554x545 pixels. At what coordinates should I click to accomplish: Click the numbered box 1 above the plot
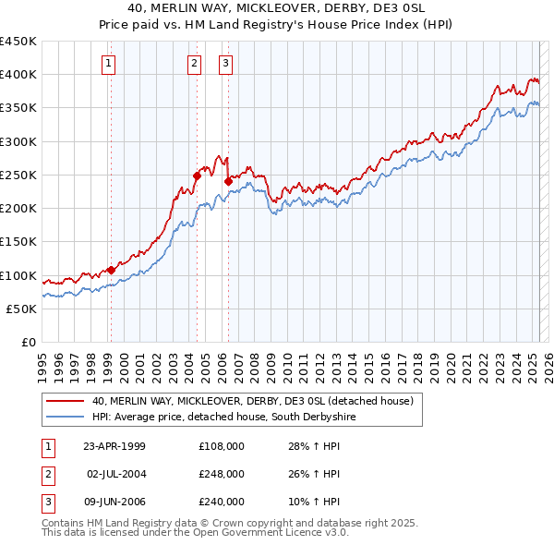pos(109,64)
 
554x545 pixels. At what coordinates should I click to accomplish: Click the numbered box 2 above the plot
pos(195,64)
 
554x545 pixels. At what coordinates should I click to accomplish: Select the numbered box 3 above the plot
pos(226,64)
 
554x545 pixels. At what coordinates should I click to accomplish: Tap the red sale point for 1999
pos(111,270)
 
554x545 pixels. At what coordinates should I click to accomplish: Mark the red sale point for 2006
pos(227,181)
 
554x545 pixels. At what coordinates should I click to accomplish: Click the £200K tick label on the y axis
pos(18,209)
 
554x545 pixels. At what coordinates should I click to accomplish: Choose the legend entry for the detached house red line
pos(258,401)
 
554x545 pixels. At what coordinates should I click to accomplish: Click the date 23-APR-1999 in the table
pos(114,447)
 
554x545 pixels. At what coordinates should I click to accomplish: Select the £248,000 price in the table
pos(222,474)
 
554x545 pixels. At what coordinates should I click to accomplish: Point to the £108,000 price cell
pos(222,447)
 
